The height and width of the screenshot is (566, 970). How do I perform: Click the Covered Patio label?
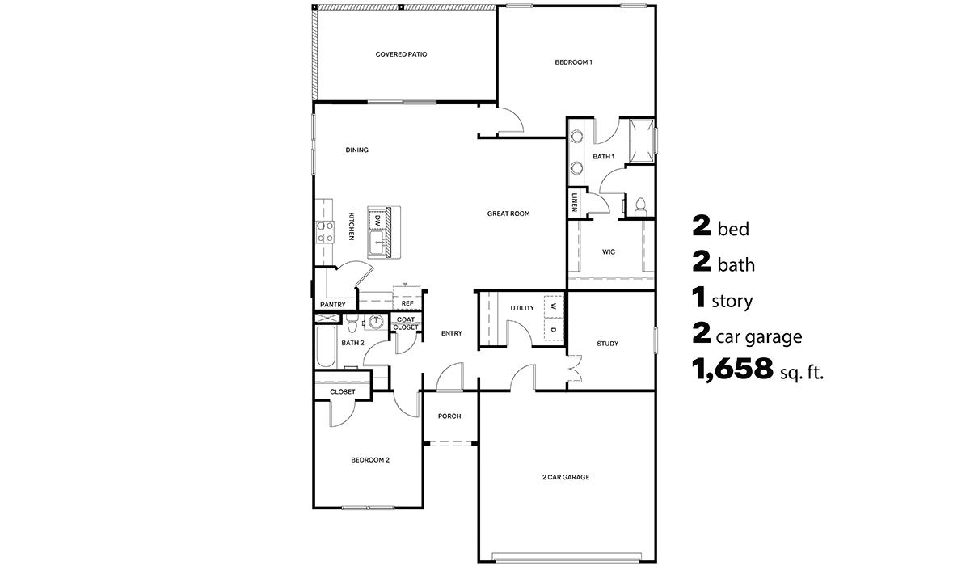point(401,54)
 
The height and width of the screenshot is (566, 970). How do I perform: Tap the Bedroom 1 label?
point(574,62)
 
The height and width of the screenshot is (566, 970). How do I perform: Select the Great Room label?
point(508,213)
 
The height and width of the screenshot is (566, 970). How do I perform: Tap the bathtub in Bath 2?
point(327,348)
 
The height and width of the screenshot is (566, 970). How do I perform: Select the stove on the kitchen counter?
point(325,232)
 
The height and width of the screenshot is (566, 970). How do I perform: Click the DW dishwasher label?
point(377,219)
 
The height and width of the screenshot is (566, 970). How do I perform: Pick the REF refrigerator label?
point(407,304)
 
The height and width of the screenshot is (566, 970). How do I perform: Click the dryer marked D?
point(554,330)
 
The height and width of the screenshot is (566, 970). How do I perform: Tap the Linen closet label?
point(574,202)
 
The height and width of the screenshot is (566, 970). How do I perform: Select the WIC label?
point(609,252)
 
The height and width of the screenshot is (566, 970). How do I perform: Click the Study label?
point(607,344)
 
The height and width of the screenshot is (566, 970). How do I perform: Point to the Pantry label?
point(333,305)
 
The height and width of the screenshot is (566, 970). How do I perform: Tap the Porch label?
point(449,416)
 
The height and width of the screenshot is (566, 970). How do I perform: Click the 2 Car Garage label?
point(566,477)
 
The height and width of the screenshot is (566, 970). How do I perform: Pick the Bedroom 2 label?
point(370,460)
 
